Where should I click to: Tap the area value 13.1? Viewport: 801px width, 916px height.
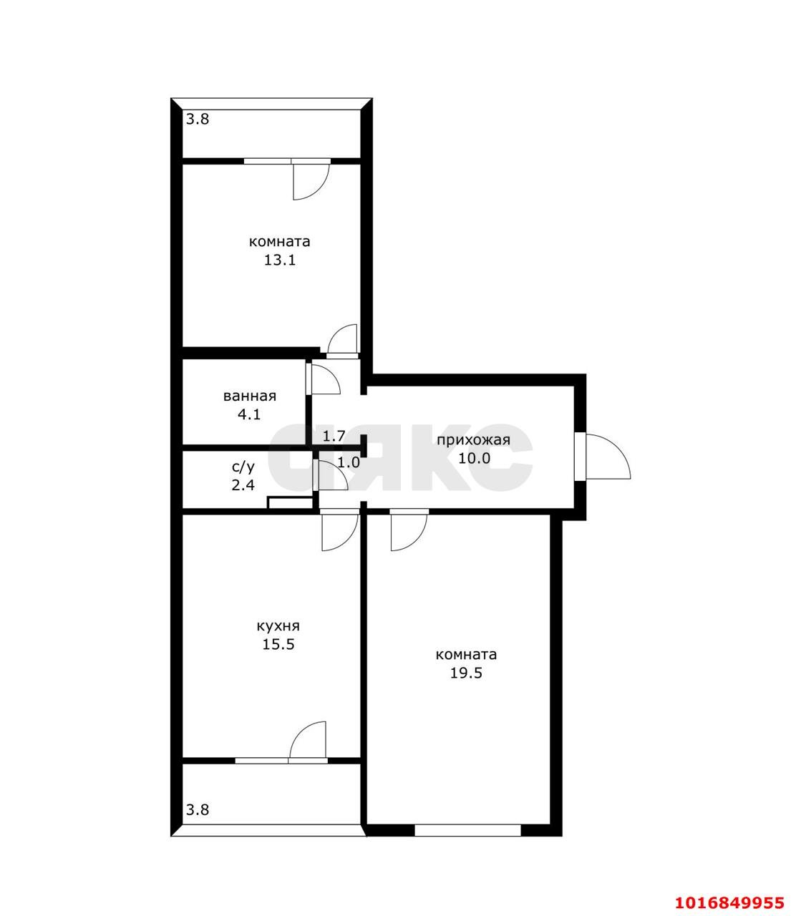(279, 260)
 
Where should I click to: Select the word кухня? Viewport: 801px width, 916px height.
(278, 626)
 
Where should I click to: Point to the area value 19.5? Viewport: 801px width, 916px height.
(466, 673)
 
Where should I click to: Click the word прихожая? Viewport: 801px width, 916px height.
(473, 440)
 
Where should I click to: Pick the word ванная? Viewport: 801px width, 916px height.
(249, 396)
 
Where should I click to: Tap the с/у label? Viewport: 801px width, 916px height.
(243, 467)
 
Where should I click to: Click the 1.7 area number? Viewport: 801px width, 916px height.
(334, 436)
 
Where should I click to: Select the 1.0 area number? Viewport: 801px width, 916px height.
(349, 462)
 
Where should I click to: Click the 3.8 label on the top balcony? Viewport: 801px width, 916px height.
(198, 120)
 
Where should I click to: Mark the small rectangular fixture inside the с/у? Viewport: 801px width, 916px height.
(290, 502)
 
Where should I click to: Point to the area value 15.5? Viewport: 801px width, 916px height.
(278, 644)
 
